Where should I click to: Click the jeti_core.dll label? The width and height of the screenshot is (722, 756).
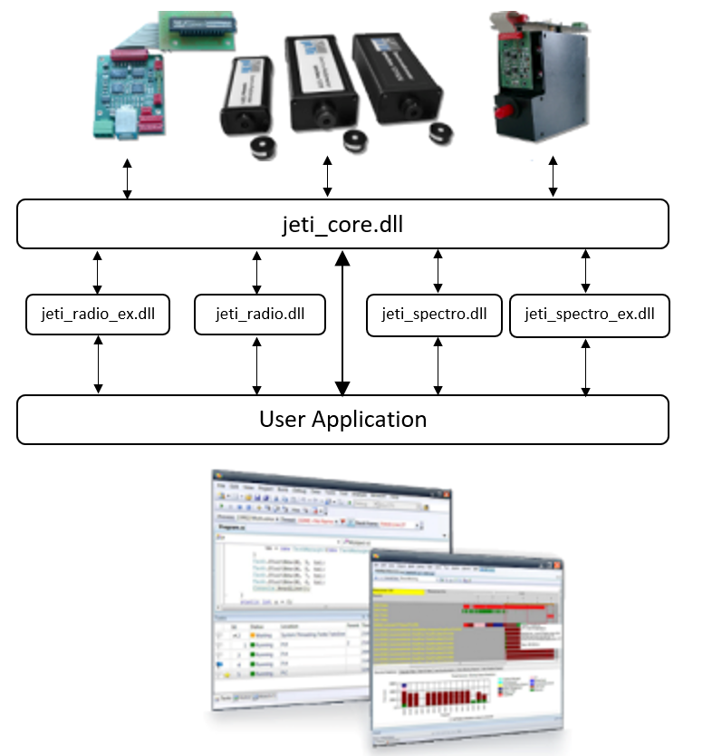(342, 224)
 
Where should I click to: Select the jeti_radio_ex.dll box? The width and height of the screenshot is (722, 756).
(98, 315)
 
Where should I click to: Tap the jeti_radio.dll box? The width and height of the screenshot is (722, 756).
(259, 315)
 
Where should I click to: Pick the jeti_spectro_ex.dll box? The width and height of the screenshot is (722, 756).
(589, 315)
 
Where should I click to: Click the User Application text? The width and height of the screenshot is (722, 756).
(342, 420)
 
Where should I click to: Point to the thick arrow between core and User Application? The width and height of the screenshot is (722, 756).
(342, 322)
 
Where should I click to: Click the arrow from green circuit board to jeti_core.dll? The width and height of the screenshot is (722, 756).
(127, 179)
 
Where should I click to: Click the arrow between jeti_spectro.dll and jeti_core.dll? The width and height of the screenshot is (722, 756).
(438, 271)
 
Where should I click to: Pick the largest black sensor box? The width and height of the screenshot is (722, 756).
(397, 83)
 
